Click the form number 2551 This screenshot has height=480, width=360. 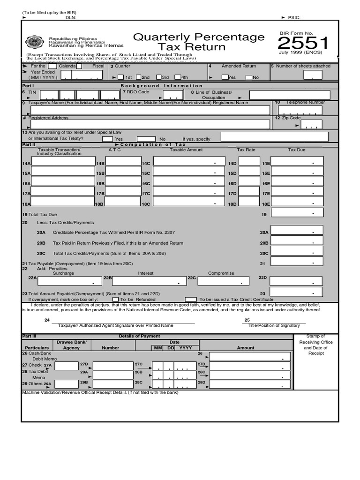point(303,45)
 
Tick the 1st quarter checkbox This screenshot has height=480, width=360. point(120,77)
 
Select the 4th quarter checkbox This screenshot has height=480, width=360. point(177,77)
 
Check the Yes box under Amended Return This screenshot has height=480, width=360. point(225,77)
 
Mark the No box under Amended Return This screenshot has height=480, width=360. point(249,77)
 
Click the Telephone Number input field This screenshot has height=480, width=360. point(307,110)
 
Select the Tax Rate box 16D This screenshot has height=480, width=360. point(249,183)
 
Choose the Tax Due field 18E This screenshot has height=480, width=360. point(297,203)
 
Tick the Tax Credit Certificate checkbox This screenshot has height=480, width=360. point(191,299)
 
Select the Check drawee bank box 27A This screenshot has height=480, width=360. point(66,366)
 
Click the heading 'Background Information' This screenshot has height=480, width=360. point(162,86)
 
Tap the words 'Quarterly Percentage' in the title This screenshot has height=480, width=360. point(199,37)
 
